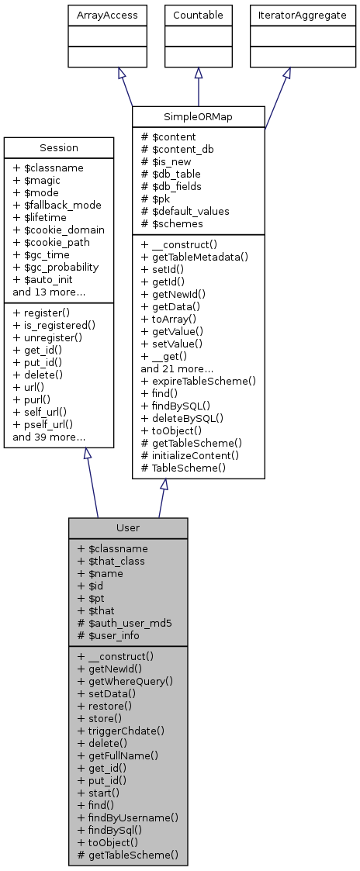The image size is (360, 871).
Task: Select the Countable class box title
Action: pos(198,15)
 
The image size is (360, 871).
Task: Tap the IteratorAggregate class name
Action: pos(287,15)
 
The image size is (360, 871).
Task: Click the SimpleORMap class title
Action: pos(199,116)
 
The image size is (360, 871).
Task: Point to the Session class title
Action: pos(59,147)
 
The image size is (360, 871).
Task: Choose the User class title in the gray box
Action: pos(128,527)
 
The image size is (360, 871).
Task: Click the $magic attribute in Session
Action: pos(38,180)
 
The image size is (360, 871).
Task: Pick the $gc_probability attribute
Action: pos(57,267)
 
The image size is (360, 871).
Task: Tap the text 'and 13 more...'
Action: pos(49,292)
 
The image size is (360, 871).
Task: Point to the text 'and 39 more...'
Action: pos(49,437)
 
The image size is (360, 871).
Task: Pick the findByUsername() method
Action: pos(128,817)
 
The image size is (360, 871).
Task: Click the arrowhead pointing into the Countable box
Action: pos(199,73)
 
